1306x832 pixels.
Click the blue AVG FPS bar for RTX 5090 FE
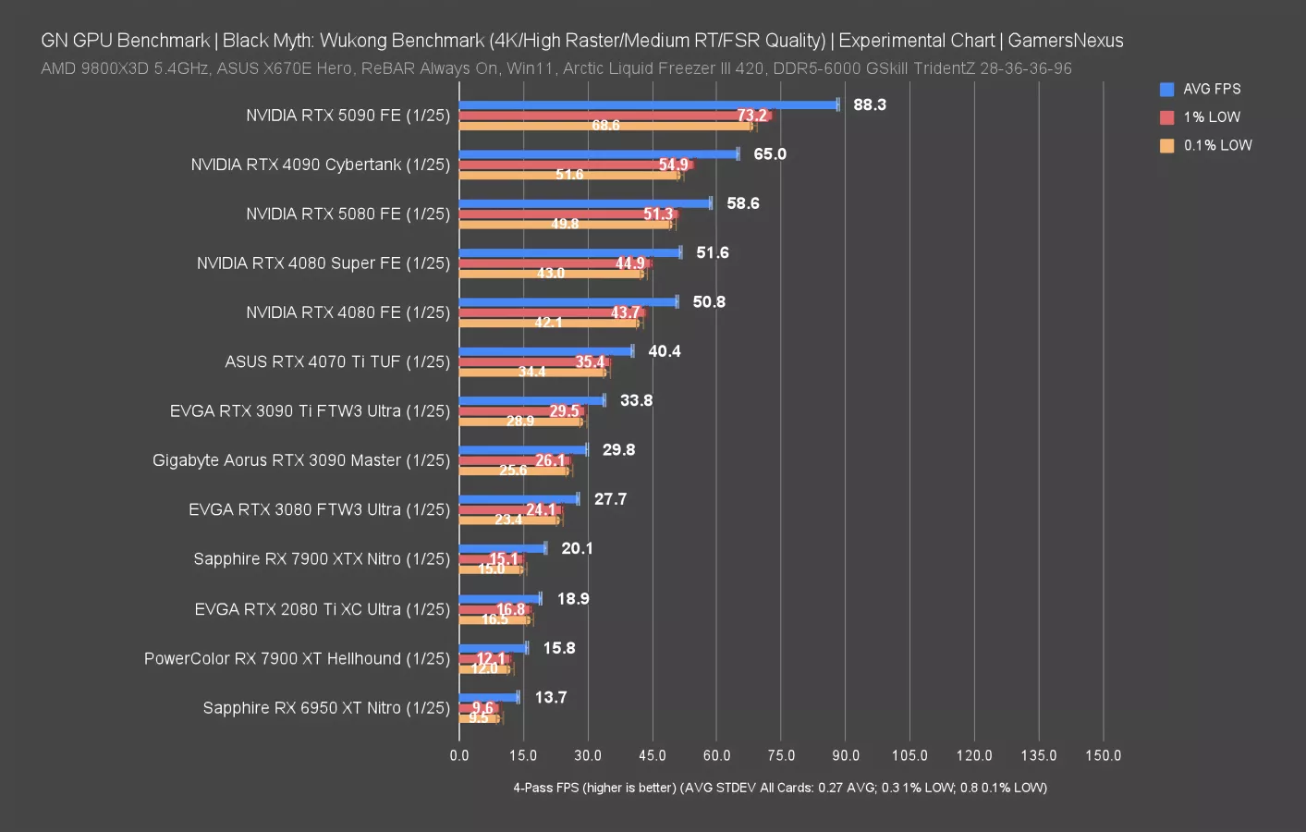[x=647, y=105]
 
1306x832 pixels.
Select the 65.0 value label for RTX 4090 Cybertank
[x=769, y=154]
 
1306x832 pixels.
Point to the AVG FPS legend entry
[x=1211, y=90]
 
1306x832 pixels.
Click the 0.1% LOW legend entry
[x=1216, y=146]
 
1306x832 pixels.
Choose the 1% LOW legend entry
[x=1211, y=117]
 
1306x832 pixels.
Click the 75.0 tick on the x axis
[x=781, y=755]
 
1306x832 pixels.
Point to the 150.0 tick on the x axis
[x=1103, y=755]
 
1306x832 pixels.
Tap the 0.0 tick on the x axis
[x=459, y=755]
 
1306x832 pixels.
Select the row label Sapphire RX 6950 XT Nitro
[x=326, y=708]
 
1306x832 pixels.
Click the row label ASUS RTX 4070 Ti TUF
[x=337, y=362]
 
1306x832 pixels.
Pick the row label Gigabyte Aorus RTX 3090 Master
[x=301, y=460]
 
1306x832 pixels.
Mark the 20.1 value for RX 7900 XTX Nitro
[x=577, y=549]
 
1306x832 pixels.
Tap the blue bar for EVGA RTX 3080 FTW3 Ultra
[x=519, y=499]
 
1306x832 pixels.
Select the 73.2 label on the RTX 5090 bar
[x=751, y=116]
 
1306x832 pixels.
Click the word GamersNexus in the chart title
[x=1065, y=41]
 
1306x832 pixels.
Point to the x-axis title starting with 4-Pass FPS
[x=779, y=788]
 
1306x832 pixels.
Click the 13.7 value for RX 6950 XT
[x=550, y=698]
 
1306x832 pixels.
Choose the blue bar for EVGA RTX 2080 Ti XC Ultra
[x=499, y=599]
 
